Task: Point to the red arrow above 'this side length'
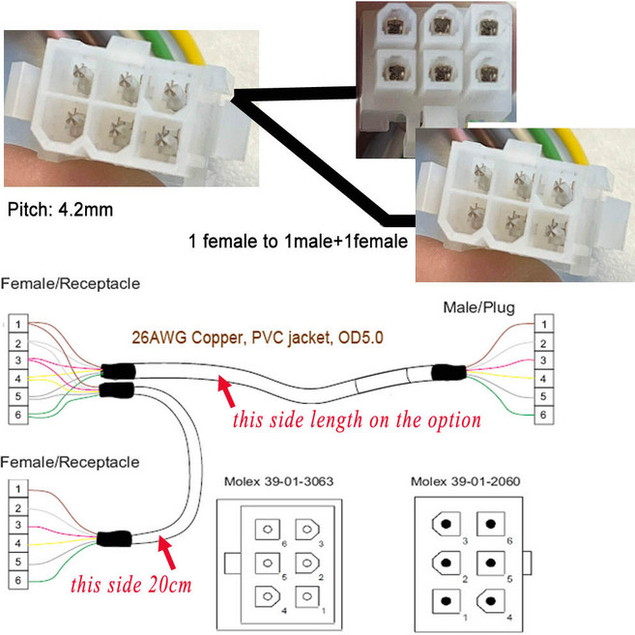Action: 228,391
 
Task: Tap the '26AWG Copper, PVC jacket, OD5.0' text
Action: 245,339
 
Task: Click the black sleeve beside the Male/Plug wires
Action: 448,372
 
